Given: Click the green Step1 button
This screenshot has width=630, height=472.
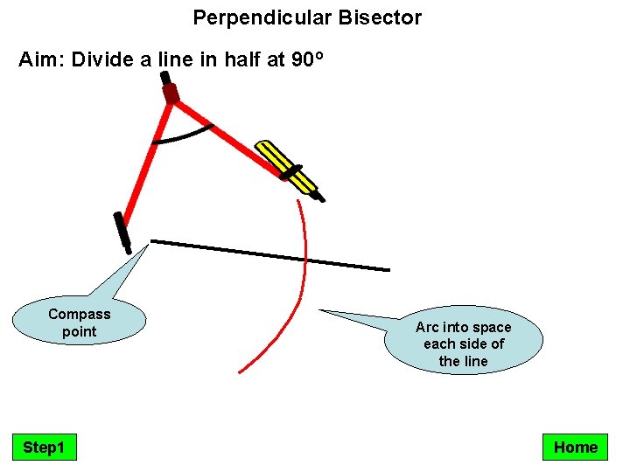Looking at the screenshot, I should [x=44, y=448].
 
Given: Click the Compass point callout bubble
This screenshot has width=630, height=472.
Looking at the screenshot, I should [x=79, y=323].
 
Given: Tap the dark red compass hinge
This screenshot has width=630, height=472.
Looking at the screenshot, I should [x=171, y=93].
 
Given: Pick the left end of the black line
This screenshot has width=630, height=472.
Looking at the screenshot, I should [x=153, y=240].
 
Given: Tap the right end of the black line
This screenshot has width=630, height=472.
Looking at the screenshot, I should [x=388, y=269].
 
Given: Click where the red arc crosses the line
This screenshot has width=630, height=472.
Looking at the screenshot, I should [x=305, y=260].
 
